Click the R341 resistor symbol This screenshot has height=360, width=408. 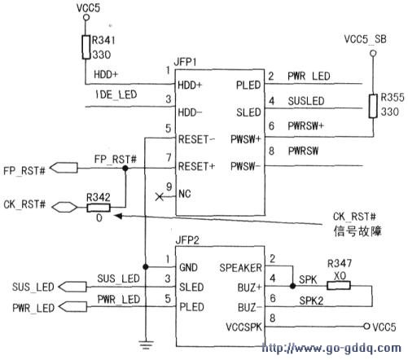pos(86,47)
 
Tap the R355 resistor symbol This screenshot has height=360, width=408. pos(373,106)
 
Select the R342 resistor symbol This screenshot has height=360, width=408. pos(99,208)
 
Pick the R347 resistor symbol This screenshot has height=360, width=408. pos(339,286)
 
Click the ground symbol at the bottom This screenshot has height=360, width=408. pos(146,345)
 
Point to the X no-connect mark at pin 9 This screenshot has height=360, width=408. pos(159,197)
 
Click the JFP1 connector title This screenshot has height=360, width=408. pos(185,62)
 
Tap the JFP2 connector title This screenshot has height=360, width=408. pos(187,240)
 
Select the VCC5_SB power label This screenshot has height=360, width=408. pos(365,39)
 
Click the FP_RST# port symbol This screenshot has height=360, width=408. pos(64,168)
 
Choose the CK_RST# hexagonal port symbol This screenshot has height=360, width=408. pos(64,208)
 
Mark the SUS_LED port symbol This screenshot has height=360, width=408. pos(72,287)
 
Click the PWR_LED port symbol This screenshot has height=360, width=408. pos(72,307)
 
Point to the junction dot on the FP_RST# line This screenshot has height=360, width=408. pos(125,169)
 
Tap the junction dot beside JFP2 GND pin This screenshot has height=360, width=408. pos(146,266)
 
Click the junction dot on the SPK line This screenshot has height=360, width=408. pos(292,286)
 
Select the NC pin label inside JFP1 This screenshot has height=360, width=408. pos(185,194)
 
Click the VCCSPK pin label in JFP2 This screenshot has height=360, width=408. pos(243,327)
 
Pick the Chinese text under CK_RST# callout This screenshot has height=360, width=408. pos(358,231)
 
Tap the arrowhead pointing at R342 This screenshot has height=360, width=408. pos(118,216)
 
